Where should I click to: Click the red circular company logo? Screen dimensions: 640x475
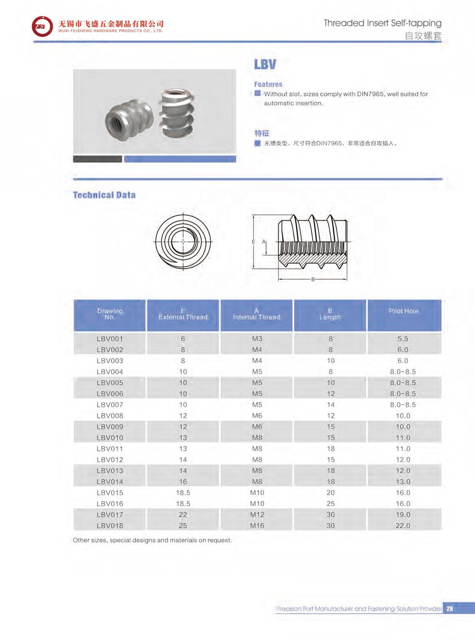tap(42, 26)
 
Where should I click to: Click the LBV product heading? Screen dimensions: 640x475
tap(265, 64)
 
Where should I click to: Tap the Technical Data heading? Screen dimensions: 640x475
tap(104, 195)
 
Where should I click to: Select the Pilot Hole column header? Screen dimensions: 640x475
tap(404, 311)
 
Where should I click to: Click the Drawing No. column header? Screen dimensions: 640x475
tap(110, 314)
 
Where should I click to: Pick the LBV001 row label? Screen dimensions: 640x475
tap(110, 339)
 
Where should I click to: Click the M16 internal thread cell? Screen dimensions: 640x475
tap(257, 526)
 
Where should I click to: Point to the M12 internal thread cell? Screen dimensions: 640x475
tap(257, 515)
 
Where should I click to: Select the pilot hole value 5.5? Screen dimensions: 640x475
tap(403, 339)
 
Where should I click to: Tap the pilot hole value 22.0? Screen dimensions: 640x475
tap(403, 526)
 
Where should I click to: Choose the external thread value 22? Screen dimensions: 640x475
tap(183, 515)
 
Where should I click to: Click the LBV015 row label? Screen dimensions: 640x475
tap(110, 493)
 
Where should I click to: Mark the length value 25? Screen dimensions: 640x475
tap(331, 504)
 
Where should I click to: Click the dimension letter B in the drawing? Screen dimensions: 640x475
tap(313, 280)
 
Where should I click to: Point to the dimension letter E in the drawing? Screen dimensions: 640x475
tap(254, 242)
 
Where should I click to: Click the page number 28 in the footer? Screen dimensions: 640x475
tap(449, 609)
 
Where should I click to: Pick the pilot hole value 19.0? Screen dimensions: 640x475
tap(403, 515)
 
